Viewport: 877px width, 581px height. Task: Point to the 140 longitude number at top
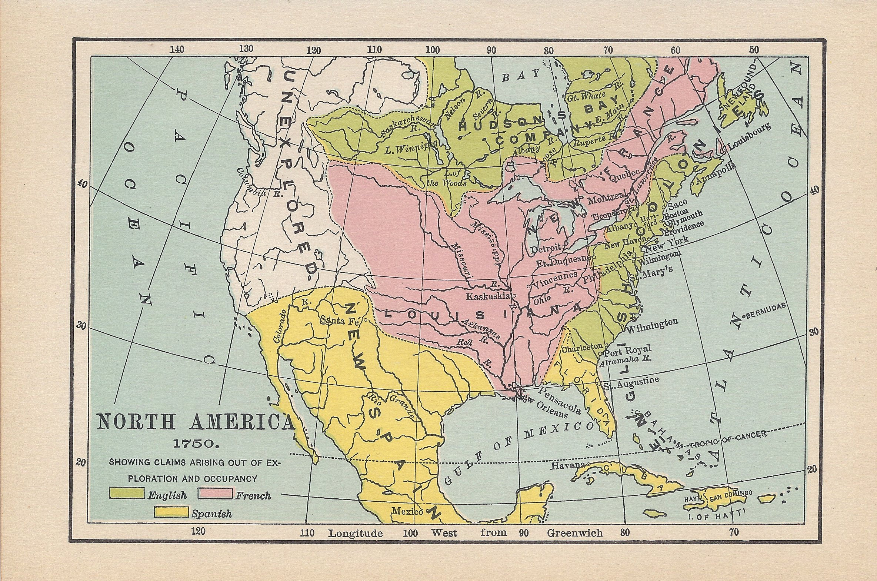177,50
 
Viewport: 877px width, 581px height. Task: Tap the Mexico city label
407,512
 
